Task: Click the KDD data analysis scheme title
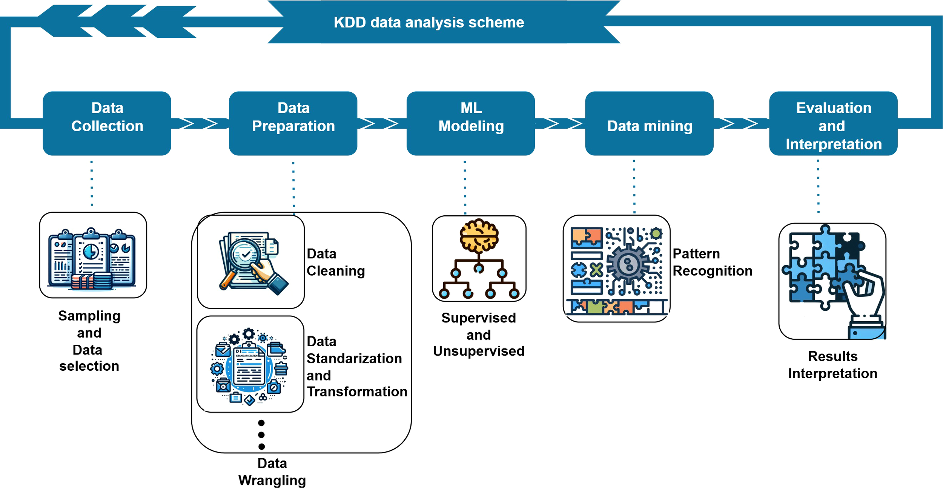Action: coord(429,23)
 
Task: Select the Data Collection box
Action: coord(107,123)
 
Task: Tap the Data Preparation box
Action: coord(293,123)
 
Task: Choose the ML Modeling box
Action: coord(471,123)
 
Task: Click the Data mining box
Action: coord(650,123)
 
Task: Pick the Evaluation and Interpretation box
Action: coord(833,123)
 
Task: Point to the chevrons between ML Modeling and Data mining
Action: coord(560,123)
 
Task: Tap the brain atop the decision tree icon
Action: coord(479,236)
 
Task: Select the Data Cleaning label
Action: coord(335,262)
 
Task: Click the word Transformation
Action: coord(357,392)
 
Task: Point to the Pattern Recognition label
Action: coord(712,262)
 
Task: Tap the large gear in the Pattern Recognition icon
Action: coord(628,264)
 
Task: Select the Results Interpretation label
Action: coord(832,365)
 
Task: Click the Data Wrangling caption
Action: coord(272,472)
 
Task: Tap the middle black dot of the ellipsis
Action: coord(261,435)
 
